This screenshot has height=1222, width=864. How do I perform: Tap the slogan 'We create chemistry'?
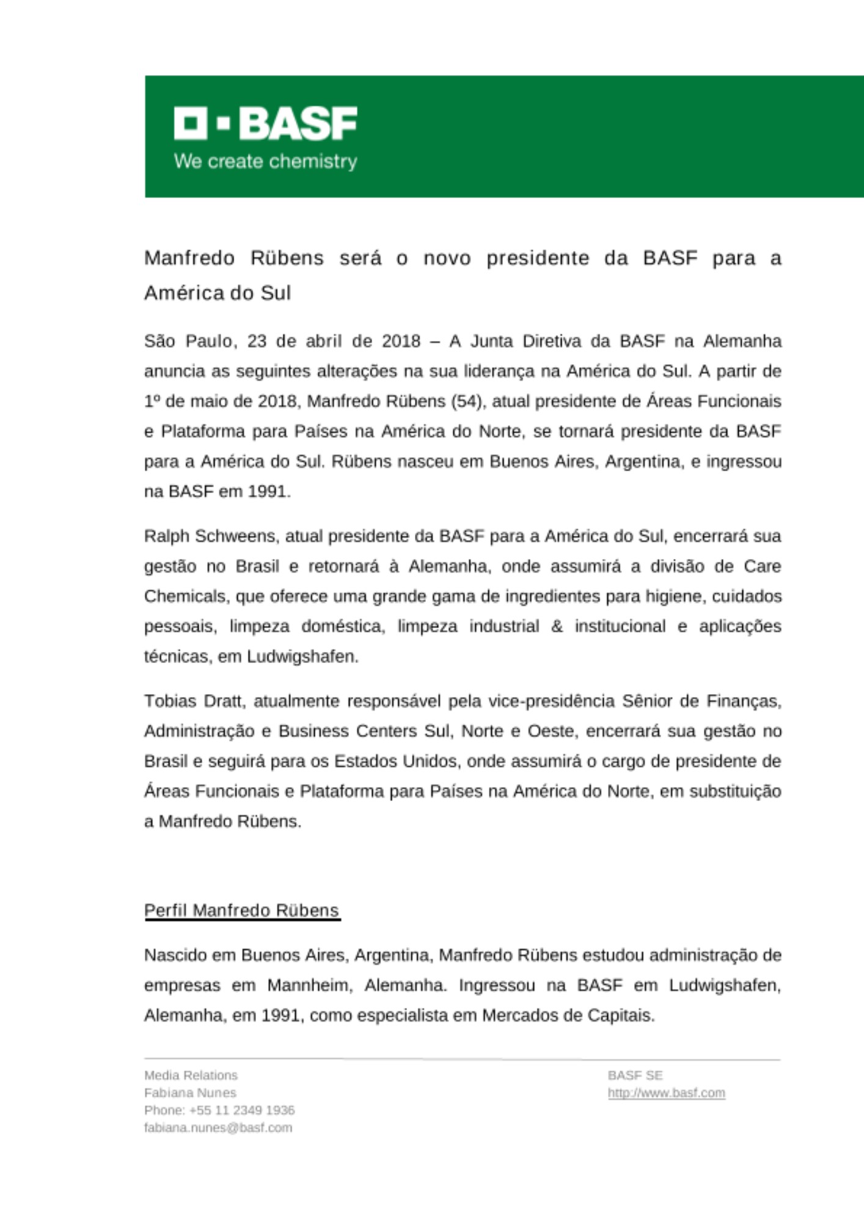(265, 161)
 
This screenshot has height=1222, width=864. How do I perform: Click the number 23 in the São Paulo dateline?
(257, 341)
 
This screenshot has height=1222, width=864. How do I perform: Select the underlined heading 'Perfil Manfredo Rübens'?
(241, 910)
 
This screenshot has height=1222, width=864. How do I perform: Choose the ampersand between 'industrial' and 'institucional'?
(557, 626)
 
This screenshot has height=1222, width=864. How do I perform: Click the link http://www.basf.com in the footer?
(666, 1093)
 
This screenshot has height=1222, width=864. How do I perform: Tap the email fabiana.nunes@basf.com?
(218, 1128)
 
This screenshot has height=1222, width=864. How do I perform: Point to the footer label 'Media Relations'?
(191, 1075)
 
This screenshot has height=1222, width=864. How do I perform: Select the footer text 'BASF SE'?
(635, 1075)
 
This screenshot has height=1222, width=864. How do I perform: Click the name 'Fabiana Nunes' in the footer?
(190, 1093)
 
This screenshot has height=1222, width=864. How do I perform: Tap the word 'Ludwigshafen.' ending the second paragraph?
(302, 657)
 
